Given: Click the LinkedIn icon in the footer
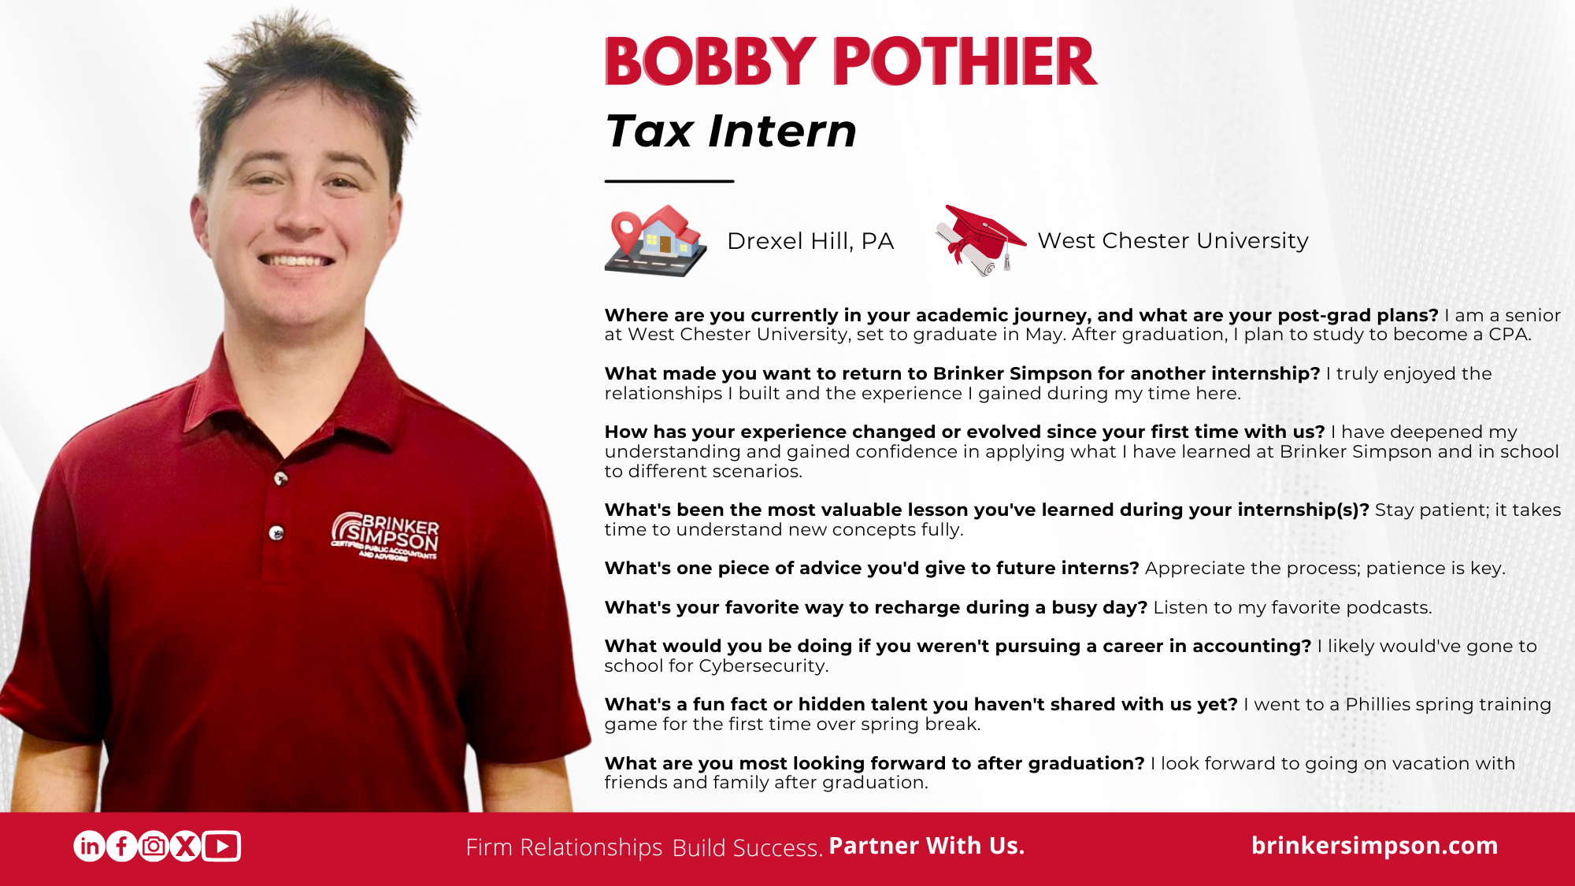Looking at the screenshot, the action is click(x=90, y=847).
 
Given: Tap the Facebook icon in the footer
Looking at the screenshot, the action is click(x=121, y=847).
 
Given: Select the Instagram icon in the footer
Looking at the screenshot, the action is click(x=154, y=847).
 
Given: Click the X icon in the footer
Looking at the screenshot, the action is click(x=185, y=847).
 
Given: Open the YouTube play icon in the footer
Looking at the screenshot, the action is click(x=221, y=847).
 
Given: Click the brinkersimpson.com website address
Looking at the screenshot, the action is click(x=1374, y=846).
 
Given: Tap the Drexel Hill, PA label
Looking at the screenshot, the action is click(x=810, y=241).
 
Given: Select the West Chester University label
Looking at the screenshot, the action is click(x=1173, y=240).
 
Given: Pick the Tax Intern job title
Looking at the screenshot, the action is click(x=731, y=131).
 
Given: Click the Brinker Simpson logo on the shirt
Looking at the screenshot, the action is click(x=385, y=536).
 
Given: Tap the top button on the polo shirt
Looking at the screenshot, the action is click(x=280, y=478).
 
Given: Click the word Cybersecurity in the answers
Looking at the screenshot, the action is click(x=763, y=666).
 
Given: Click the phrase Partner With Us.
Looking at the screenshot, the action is click(x=926, y=846).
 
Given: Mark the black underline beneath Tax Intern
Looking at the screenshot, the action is click(x=669, y=181).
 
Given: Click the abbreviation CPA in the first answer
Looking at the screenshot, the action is click(x=1509, y=335).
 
